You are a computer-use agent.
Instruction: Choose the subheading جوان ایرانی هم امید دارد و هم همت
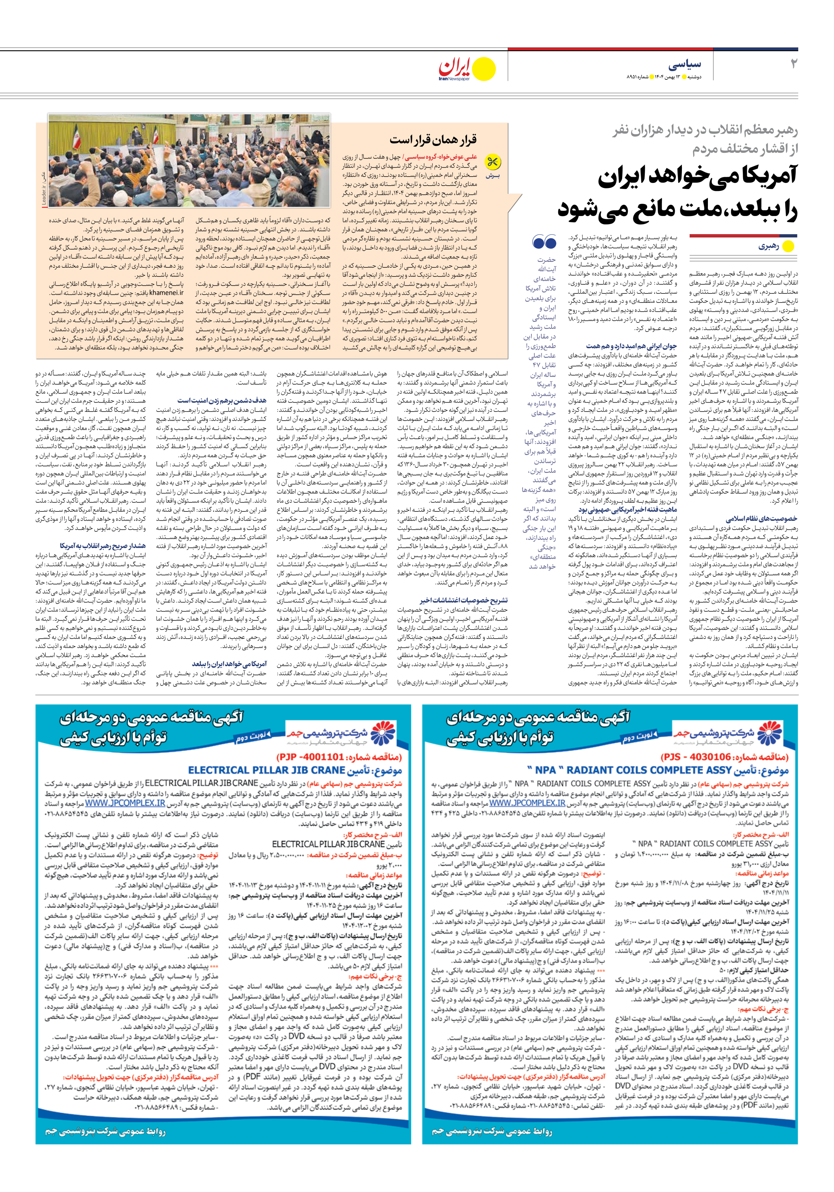tap(631, 346)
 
